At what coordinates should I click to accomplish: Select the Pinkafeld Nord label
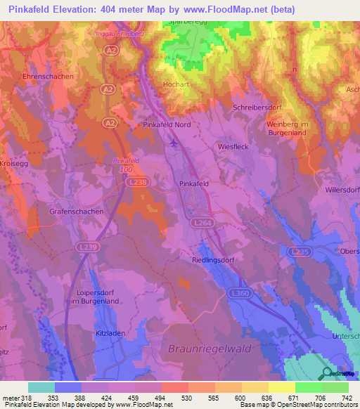186,124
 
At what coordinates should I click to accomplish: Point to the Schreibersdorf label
257,107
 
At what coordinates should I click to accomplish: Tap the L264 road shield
201,222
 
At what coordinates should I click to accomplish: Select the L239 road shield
88,247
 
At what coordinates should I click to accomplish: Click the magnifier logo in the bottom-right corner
328,373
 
